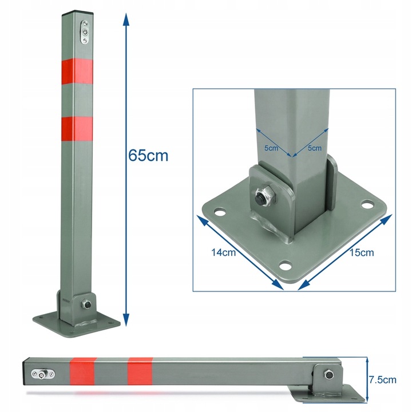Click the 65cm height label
(149, 156)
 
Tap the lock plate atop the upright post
(85, 32)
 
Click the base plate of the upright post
(77, 320)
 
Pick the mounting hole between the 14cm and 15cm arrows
(285, 264)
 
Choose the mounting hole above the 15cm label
(366, 204)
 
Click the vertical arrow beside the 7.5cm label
(365, 378)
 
